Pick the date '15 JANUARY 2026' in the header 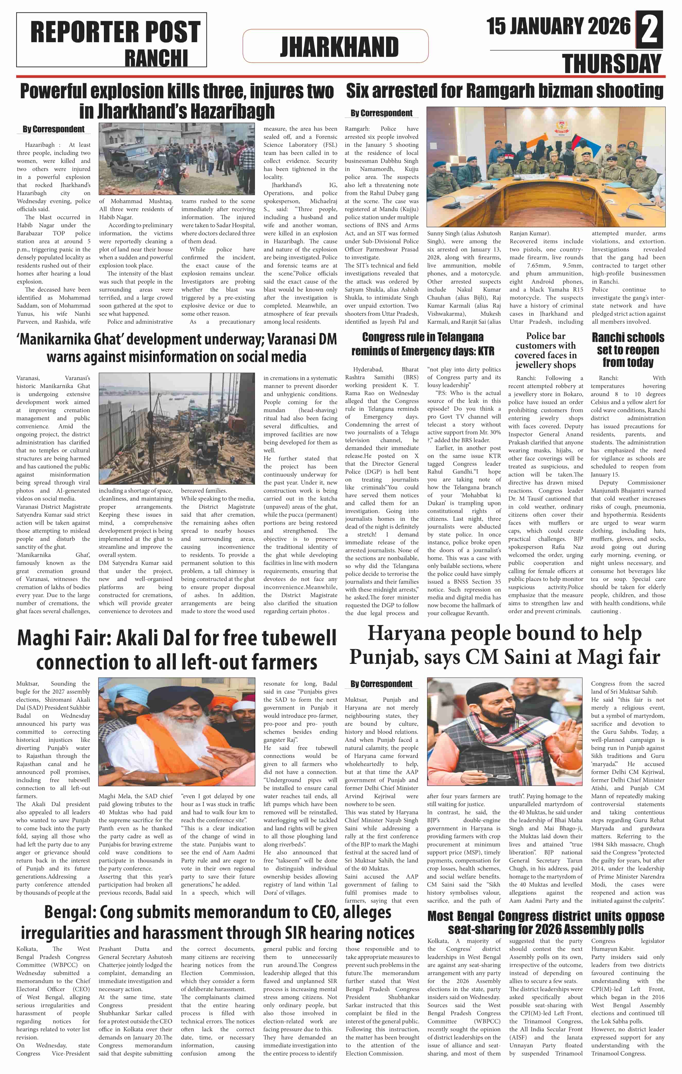(558, 26)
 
